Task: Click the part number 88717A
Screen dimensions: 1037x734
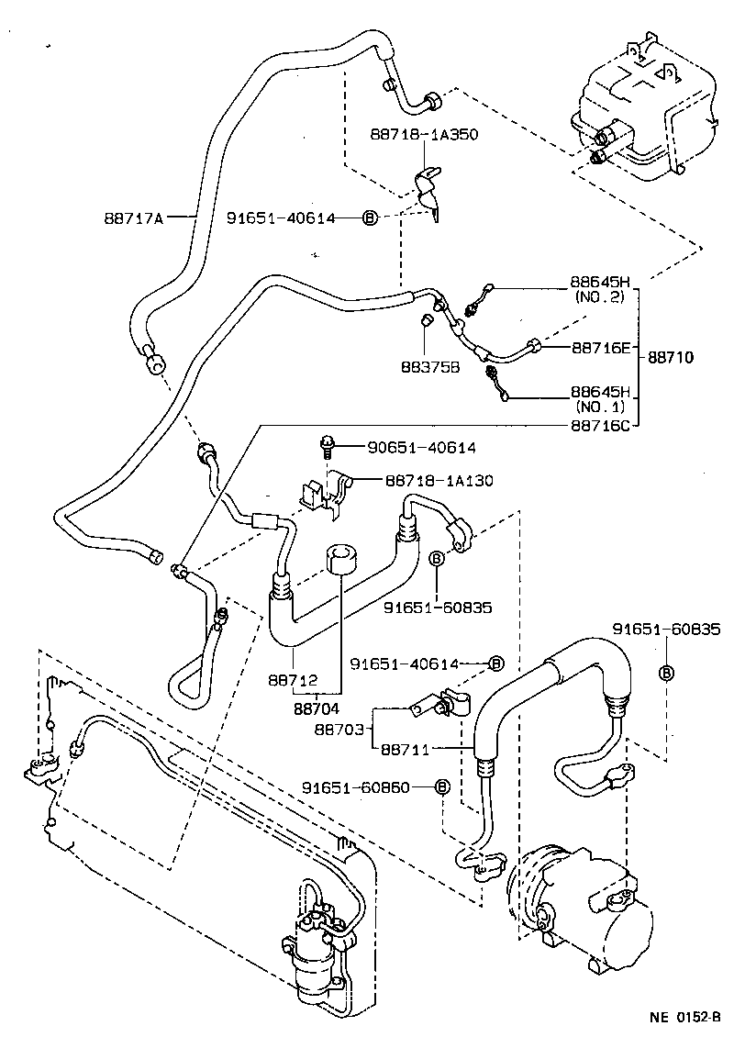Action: (134, 217)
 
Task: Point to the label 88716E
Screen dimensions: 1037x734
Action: (600, 348)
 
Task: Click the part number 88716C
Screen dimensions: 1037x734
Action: (601, 425)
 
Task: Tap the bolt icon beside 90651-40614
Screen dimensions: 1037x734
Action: (325, 447)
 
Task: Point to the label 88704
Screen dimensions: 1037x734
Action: (317, 708)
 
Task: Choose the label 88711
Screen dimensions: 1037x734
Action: (405, 748)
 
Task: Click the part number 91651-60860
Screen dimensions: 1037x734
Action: (362, 787)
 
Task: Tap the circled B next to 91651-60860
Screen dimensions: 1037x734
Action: (441, 787)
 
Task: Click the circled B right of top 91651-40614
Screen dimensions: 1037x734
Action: (370, 217)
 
